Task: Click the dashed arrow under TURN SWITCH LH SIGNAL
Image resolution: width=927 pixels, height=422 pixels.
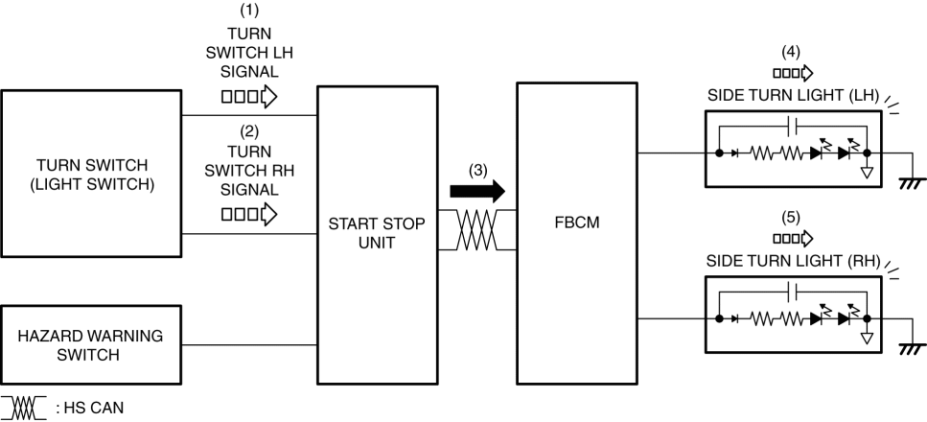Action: (248, 96)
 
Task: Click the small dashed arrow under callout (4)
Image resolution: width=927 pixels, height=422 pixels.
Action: (792, 72)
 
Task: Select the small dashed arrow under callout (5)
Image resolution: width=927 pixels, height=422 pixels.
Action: (792, 237)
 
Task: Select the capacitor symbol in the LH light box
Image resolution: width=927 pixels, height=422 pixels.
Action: (791, 125)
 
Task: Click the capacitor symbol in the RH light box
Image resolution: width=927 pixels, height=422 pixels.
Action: (791, 289)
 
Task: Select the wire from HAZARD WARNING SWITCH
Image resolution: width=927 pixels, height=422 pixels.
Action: (249, 345)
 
